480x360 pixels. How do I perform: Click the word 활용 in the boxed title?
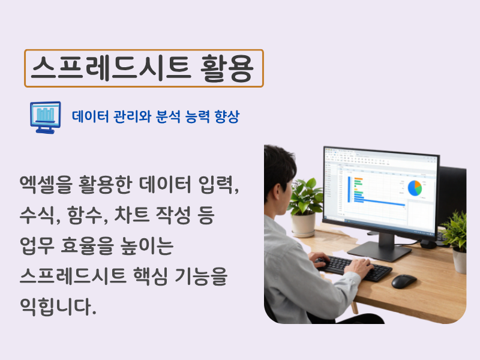[x=227, y=68]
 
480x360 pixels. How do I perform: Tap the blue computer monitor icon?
[x=46, y=118]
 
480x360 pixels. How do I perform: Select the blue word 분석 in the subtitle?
[x=168, y=116]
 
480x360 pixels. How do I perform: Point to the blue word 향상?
[x=227, y=116]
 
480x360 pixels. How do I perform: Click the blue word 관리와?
[x=132, y=116]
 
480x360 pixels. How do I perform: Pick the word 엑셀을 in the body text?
[x=46, y=184]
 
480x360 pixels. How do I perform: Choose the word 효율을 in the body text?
[x=87, y=245]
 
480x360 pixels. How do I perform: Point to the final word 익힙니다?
[x=58, y=307]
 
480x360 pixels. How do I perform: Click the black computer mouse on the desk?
[x=404, y=281]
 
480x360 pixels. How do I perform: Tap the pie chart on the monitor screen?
[x=415, y=188]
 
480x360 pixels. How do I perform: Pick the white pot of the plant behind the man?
[x=303, y=224]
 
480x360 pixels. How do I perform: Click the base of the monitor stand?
[x=379, y=251]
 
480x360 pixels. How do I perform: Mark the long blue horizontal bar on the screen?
[x=380, y=203]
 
